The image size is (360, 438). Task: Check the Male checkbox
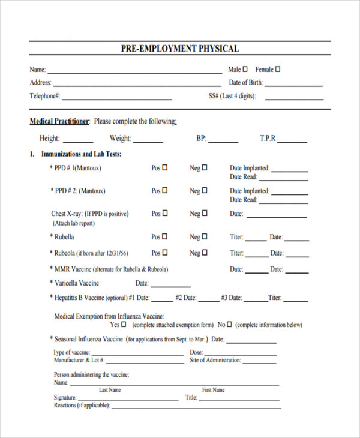pyautogui.click(x=247, y=69)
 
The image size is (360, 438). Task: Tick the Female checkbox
pyautogui.click(x=278, y=69)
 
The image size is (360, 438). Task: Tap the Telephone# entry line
pyautogui.click(x=117, y=98)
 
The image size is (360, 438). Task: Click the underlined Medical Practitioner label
pyautogui.click(x=59, y=121)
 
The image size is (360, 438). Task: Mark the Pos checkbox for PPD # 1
pyautogui.click(x=165, y=168)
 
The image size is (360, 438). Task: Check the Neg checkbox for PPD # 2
pyautogui.click(x=205, y=191)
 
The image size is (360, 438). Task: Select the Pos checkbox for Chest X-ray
pyautogui.click(x=165, y=213)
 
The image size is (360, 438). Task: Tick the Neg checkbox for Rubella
pyautogui.click(x=205, y=236)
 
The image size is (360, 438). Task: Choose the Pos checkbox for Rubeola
pyautogui.click(x=165, y=253)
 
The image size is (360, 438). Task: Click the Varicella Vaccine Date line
pyautogui.click(x=170, y=285)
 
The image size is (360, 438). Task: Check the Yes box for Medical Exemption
pyautogui.click(x=124, y=324)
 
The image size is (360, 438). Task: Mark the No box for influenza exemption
pyautogui.click(x=229, y=324)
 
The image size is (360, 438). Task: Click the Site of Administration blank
pyautogui.click(x=260, y=362)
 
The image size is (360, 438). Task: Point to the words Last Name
pyautogui.click(x=110, y=390)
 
